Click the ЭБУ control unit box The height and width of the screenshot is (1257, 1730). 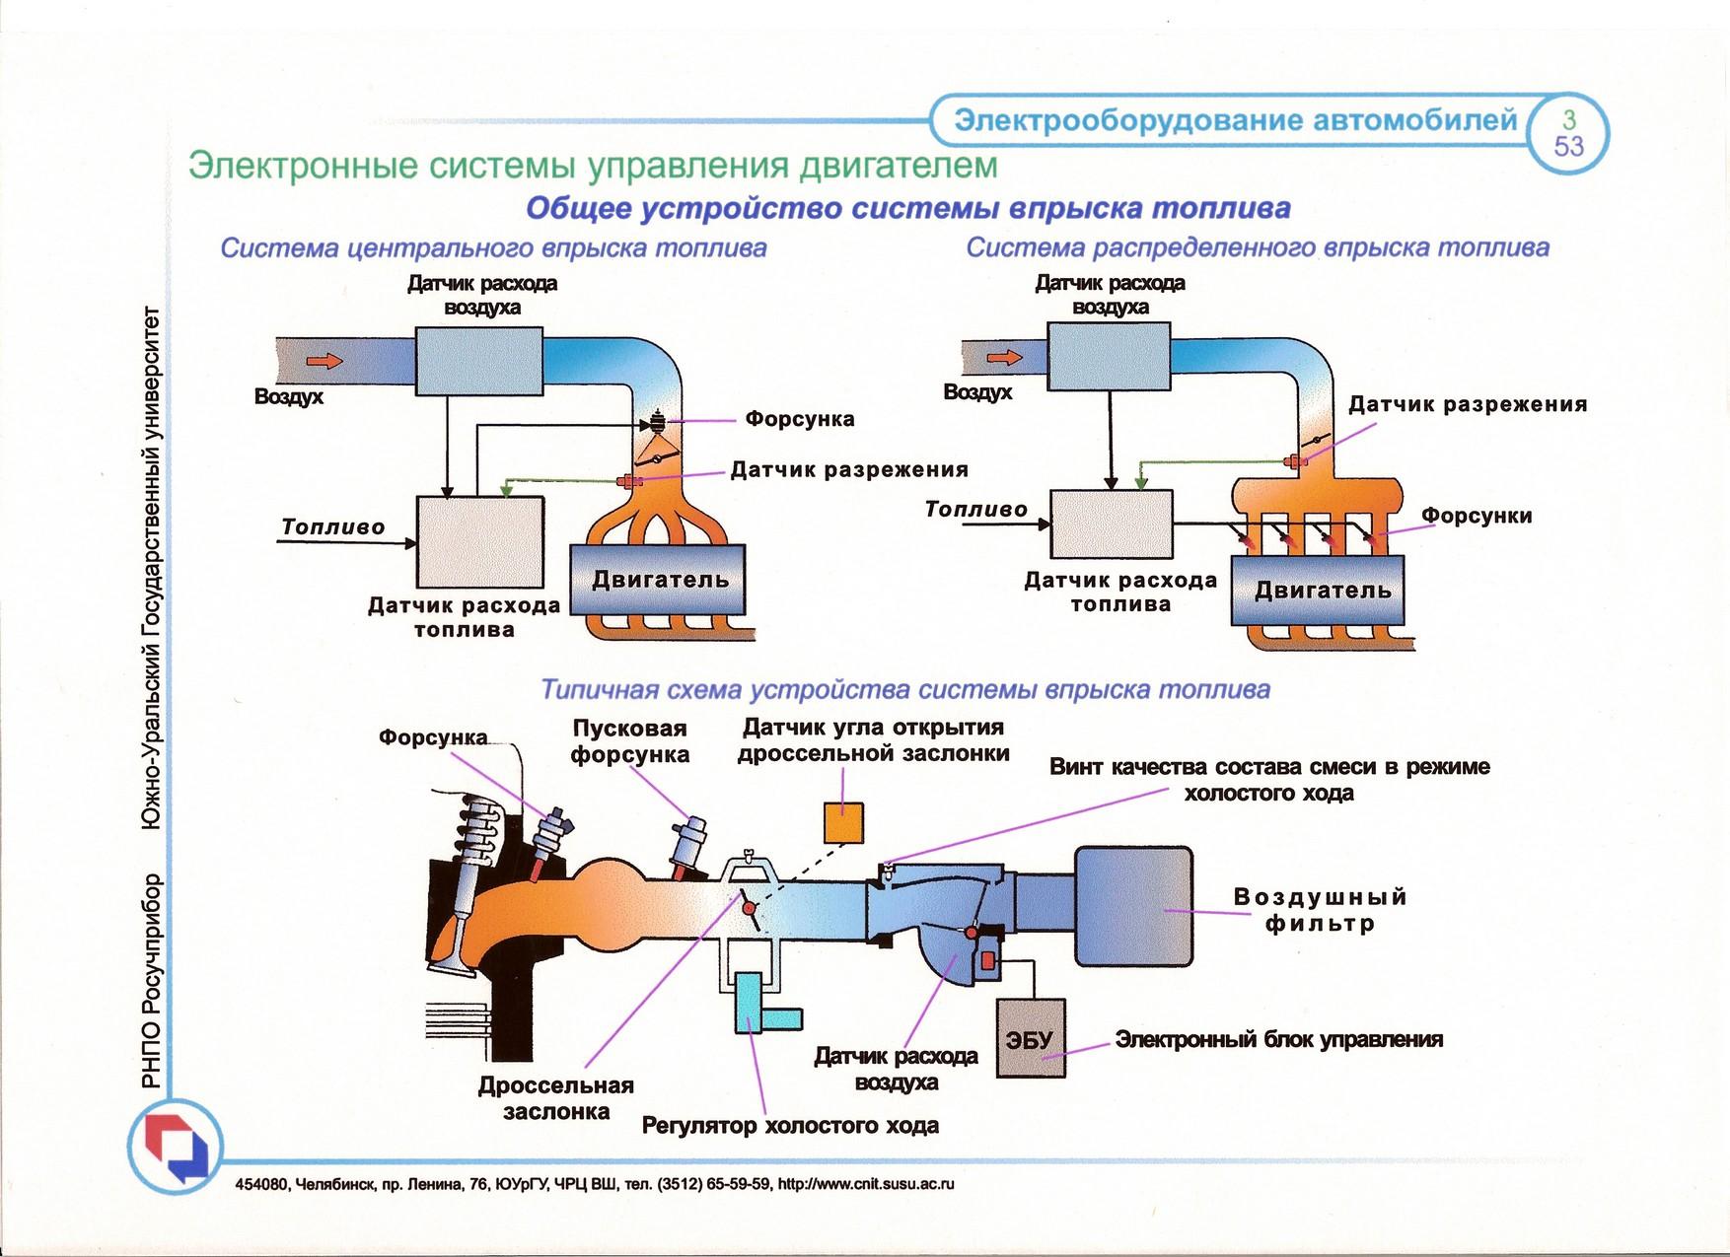click(1031, 1038)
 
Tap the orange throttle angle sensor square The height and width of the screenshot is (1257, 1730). click(843, 823)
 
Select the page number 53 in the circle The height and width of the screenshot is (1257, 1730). click(1568, 147)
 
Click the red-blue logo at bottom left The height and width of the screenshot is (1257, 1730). click(176, 1147)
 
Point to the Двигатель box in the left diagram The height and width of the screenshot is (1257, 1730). click(659, 580)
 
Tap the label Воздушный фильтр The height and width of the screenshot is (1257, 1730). click(1321, 910)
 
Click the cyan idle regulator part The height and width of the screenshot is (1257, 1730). click(764, 1004)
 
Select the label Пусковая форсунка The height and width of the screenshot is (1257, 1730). click(630, 741)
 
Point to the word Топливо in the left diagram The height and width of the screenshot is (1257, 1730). click(333, 526)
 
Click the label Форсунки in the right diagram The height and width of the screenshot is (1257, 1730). click(1477, 516)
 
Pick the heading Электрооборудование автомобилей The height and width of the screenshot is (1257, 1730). click(1236, 120)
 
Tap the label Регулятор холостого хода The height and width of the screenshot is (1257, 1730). click(790, 1125)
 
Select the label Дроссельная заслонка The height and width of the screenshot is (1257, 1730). click(556, 1098)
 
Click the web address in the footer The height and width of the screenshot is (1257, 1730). click(866, 1184)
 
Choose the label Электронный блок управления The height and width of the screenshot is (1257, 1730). click(1279, 1039)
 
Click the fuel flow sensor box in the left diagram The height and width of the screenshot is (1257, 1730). click(480, 541)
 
